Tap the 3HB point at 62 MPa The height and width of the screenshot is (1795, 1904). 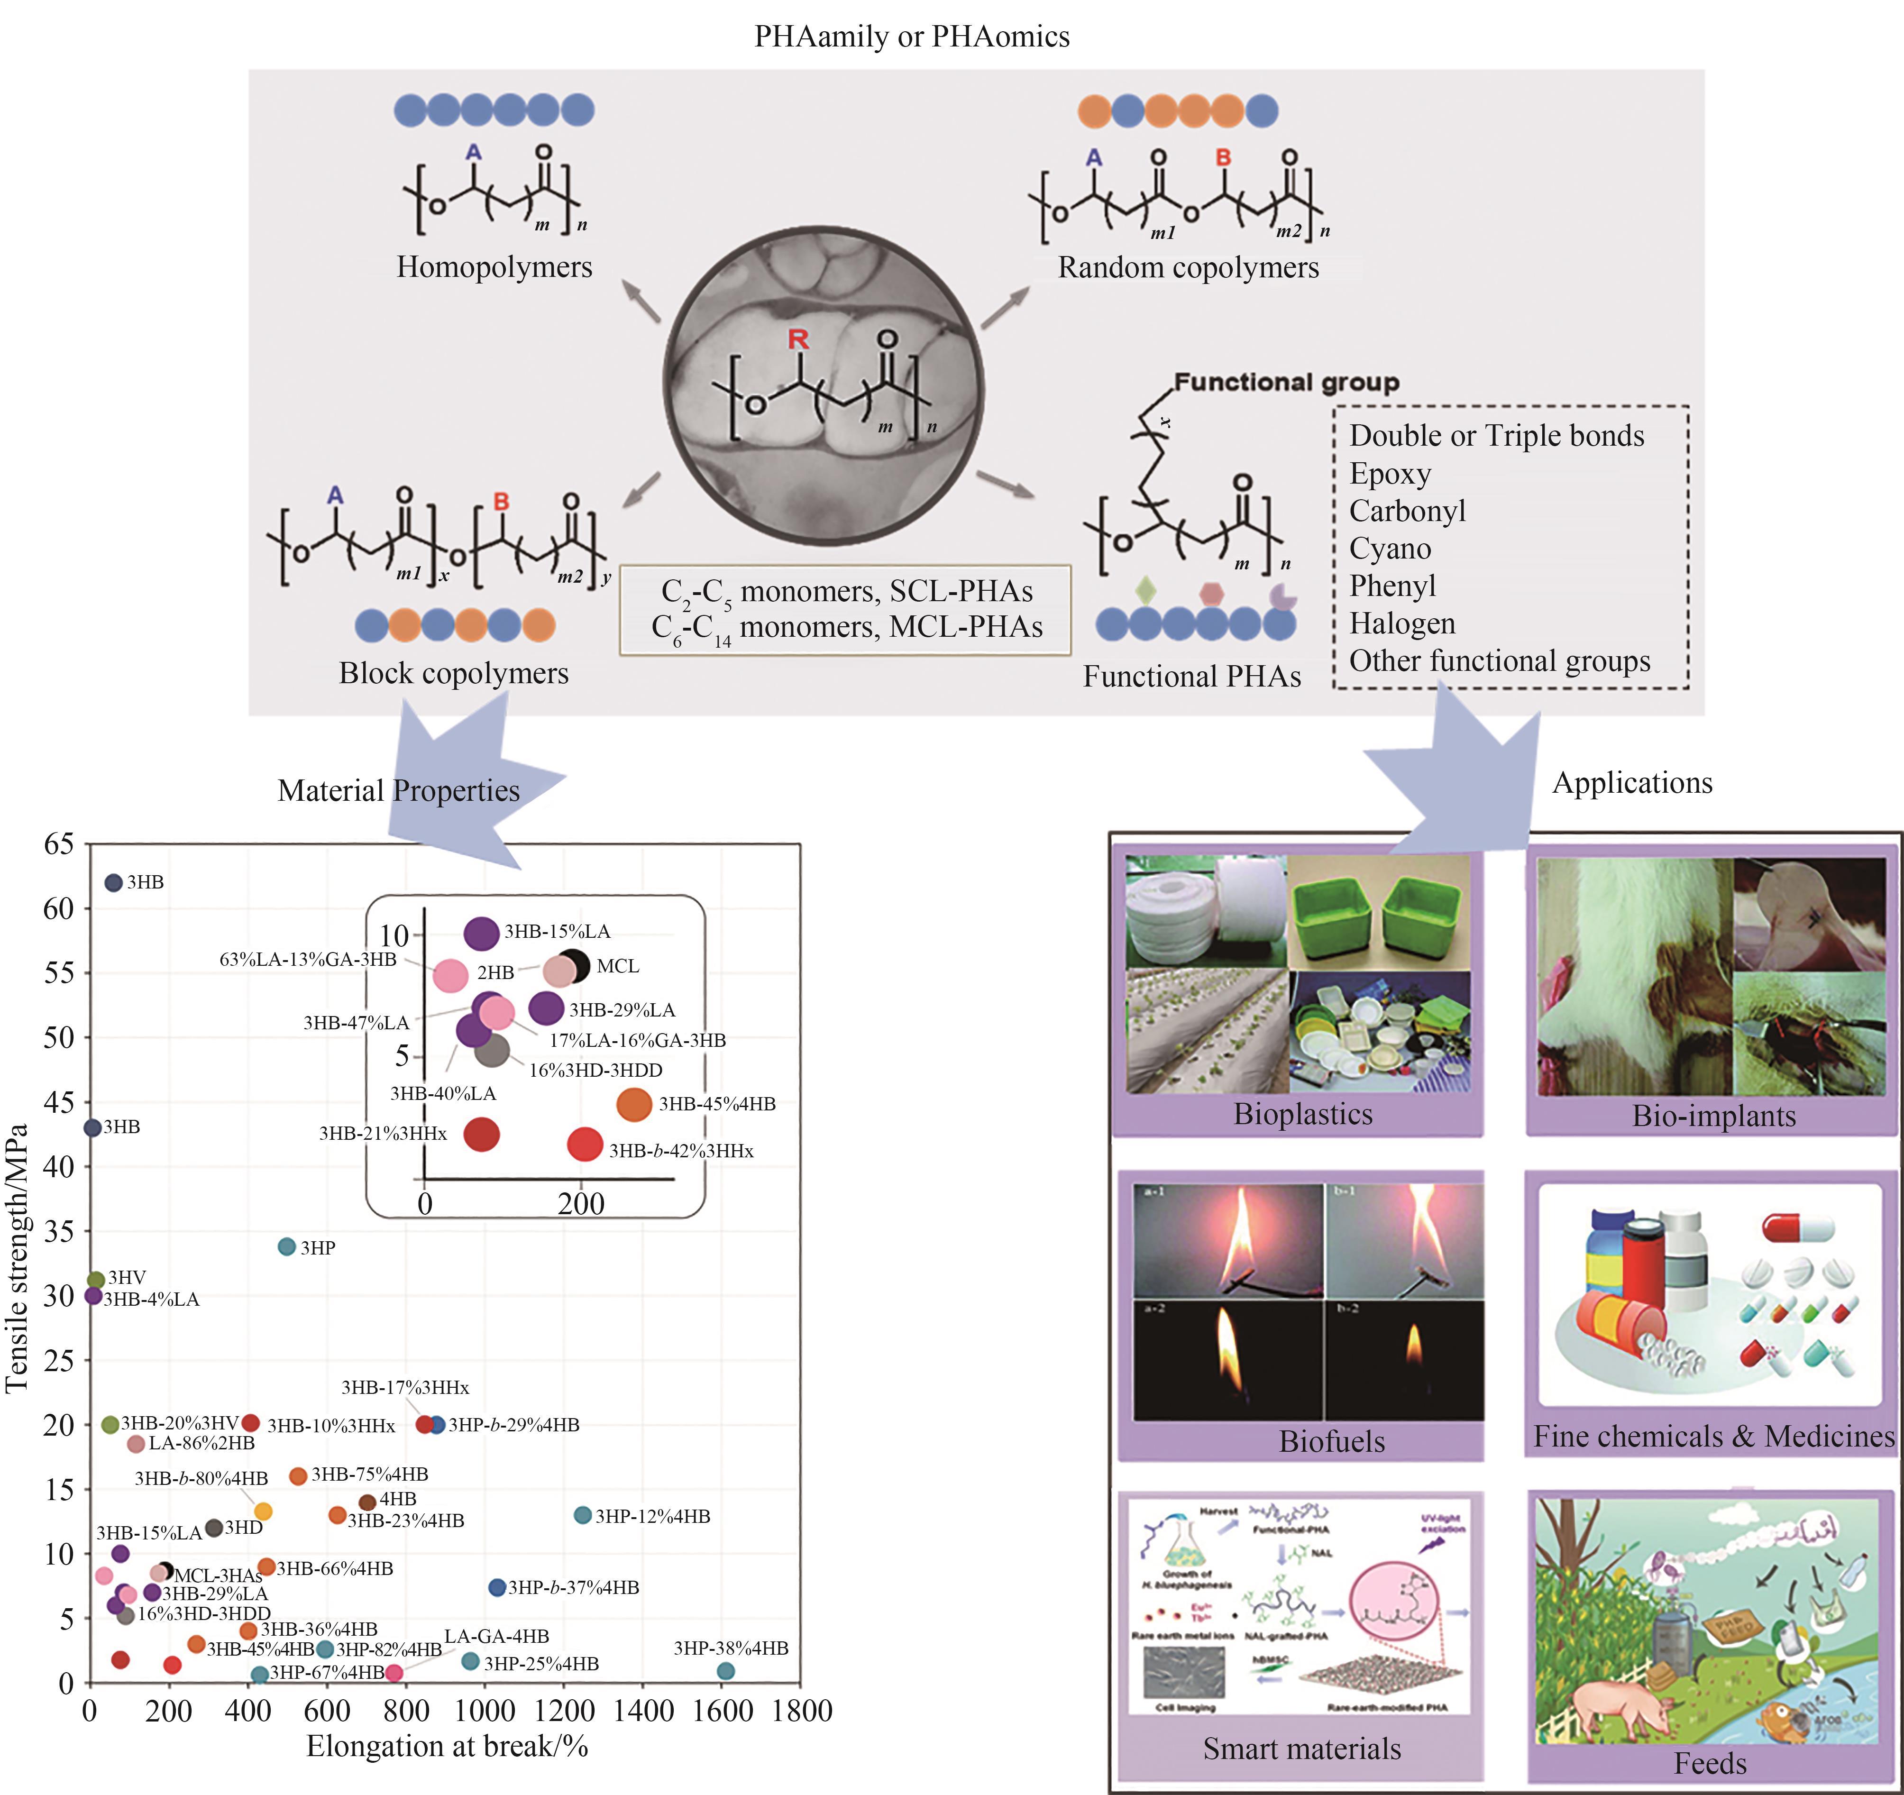click(113, 882)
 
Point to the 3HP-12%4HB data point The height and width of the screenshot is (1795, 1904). click(582, 1515)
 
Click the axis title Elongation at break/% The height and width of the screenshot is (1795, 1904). click(446, 1746)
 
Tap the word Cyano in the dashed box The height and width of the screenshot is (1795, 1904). click(1390, 549)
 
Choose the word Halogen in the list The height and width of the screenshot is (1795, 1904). click(1402, 623)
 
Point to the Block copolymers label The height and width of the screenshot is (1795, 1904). click(453, 673)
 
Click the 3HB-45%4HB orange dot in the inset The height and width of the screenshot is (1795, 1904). click(633, 1104)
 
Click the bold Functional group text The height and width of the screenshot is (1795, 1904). click(1286, 382)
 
